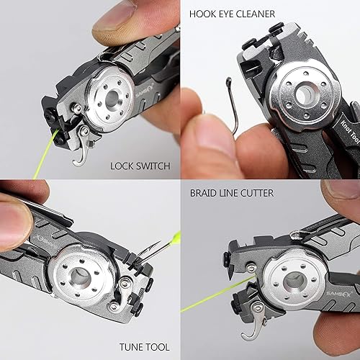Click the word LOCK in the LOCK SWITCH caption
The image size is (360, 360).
(x=123, y=166)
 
